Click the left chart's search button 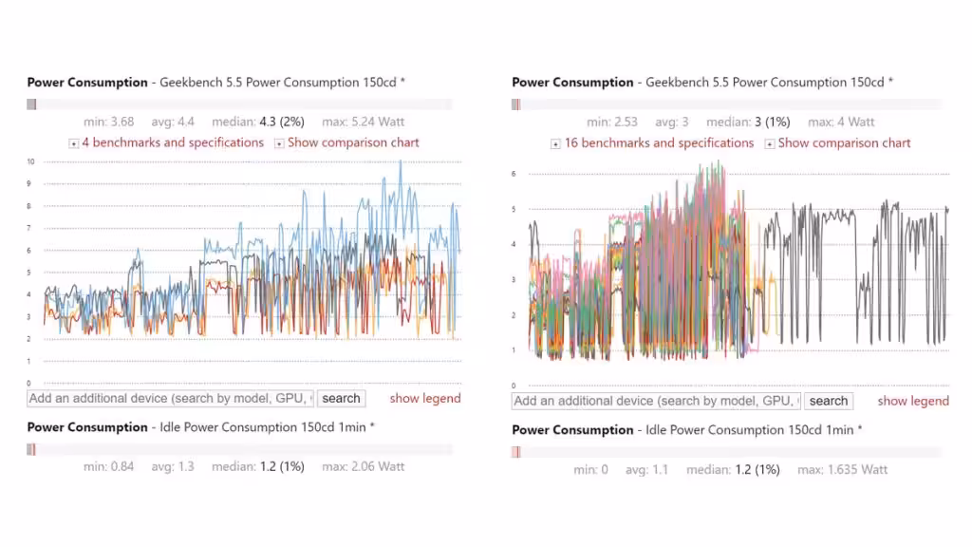pyautogui.click(x=341, y=399)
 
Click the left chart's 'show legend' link pyautogui.click(x=425, y=399)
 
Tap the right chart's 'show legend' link pyautogui.click(x=913, y=401)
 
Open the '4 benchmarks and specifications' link pyautogui.click(x=173, y=142)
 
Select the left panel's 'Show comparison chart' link pyautogui.click(x=353, y=142)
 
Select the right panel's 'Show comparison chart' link pyautogui.click(x=844, y=143)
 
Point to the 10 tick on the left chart pyautogui.click(x=30, y=161)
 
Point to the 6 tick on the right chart pyautogui.click(x=514, y=174)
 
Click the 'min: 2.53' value pyautogui.click(x=612, y=122)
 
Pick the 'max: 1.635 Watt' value pyautogui.click(x=843, y=469)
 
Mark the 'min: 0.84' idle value pyautogui.click(x=108, y=466)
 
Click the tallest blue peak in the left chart pyautogui.click(x=401, y=161)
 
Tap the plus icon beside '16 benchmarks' pyautogui.click(x=555, y=144)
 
